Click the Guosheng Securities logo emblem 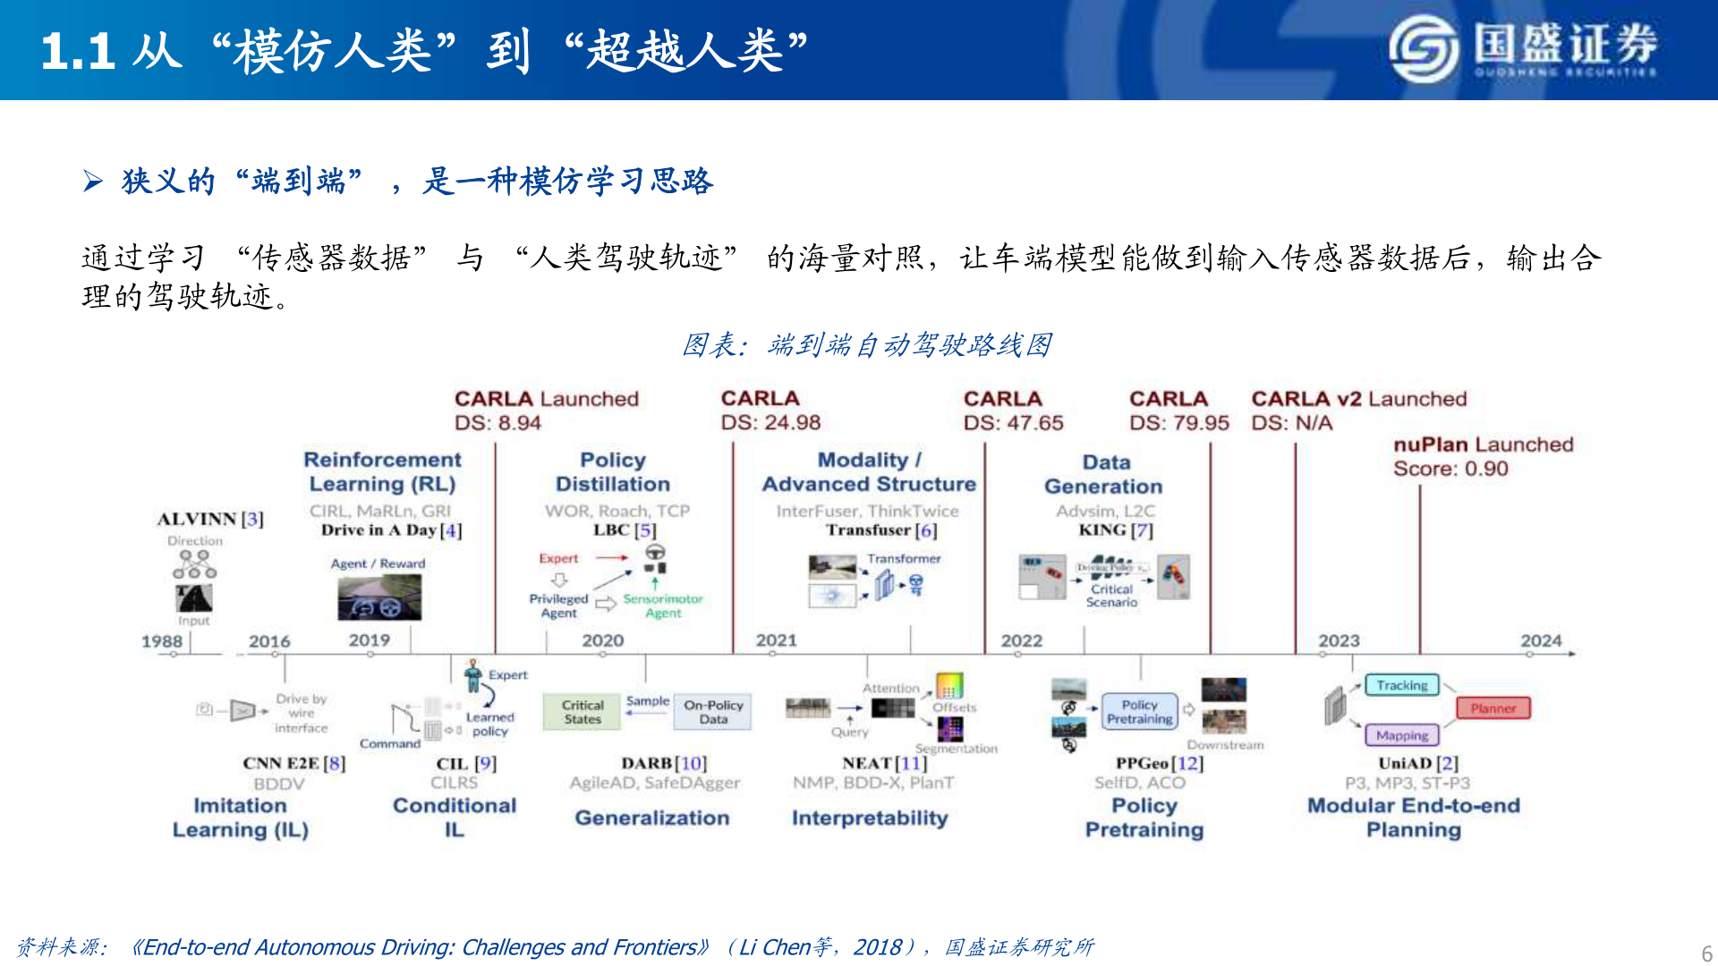pos(1424,50)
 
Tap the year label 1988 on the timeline pos(161,641)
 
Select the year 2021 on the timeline pos(776,640)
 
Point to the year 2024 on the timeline pos(1541,640)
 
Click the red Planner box pos(1493,708)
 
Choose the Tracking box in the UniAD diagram pos(1401,685)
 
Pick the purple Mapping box pos(1401,735)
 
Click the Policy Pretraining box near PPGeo pos(1139,712)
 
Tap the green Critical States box pos(583,712)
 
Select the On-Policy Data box pos(713,712)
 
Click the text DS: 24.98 pos(770,422)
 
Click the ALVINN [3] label pos(210,519)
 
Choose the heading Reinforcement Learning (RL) pos(382,471)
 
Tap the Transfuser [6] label pos(880,530)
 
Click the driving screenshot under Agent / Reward pos(379,597)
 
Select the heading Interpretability pos(869,818)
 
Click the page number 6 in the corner pos(1706,953)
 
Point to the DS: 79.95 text pos(1178,422)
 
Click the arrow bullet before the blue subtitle pos(93,182)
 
